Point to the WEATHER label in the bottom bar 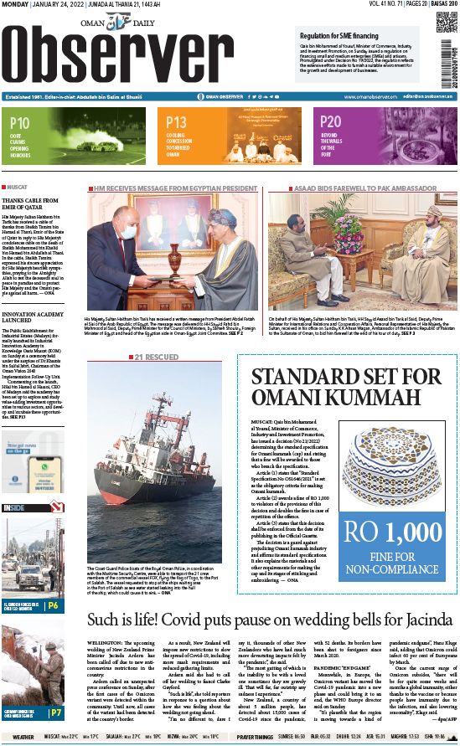click(x=23, y=737)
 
